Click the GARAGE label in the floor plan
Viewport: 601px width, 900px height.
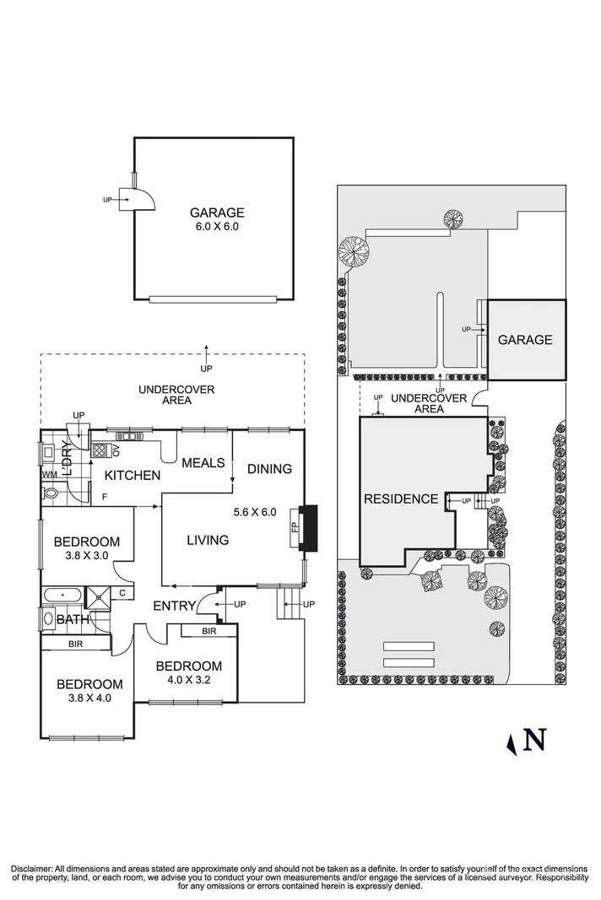(216, 213)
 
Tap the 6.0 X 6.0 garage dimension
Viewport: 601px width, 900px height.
(216, 227)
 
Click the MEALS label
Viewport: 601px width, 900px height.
(203, 463)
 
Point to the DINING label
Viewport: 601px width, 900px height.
(269, 469)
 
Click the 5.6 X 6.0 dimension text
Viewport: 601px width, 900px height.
(254, 512)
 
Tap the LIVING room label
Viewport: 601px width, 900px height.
(208, 540)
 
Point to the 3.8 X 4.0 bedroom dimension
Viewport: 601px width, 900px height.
(89, 698)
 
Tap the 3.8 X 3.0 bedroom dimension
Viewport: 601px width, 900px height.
(87, 556)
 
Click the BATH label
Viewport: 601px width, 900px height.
(73, 620)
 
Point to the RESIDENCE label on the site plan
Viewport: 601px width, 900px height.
(401, 499)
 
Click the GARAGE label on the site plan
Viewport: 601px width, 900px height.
(525, 340)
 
